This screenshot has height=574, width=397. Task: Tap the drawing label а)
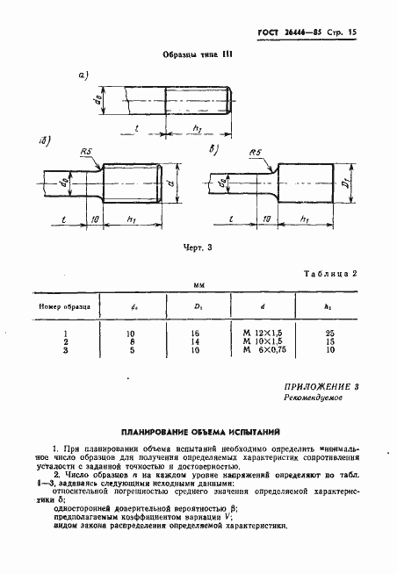(x=84, y=76)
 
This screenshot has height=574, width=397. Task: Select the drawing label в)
(x=212, y=152)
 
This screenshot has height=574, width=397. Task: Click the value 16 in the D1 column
(x=195, y=334)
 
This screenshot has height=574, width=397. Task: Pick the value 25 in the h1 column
(x=329, y=334)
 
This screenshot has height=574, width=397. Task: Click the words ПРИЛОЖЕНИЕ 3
(x=321, y=386)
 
